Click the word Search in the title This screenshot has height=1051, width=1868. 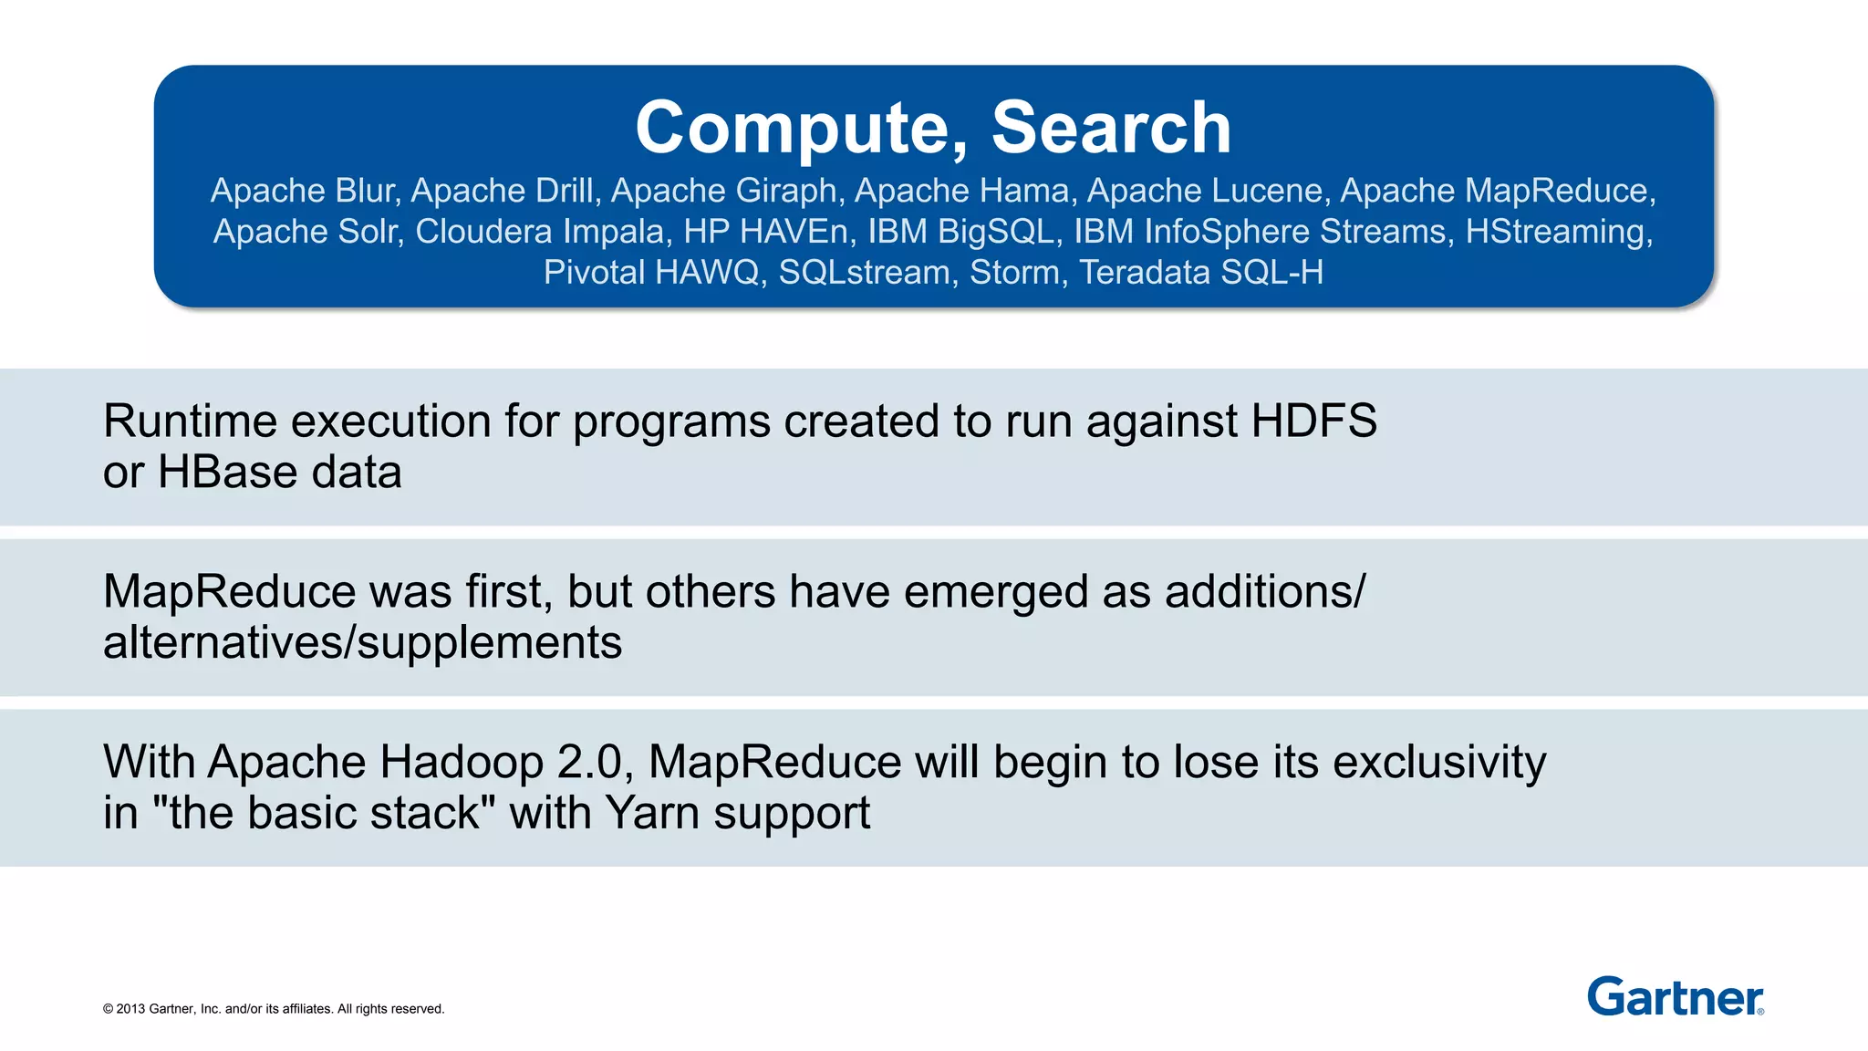[x=1111, y=128]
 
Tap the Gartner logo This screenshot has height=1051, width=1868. [x=1675, y=996]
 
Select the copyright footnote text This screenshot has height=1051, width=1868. [x=274, y=1009]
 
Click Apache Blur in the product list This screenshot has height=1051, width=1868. [x=304, y=191]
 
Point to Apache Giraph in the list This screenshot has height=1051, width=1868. [x=723, y=191]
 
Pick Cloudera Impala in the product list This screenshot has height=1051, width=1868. [x=539, y=232]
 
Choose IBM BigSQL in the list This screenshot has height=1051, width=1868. [x=964, y=232]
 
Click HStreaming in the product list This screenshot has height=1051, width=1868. [x=1557, y=232]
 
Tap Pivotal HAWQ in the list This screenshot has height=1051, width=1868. [x=652, y=273]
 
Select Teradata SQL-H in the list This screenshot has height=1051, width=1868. [x=1201, y=273]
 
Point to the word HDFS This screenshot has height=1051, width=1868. [x=1313, y=421]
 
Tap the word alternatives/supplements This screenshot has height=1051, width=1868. [x=362, y=643]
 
